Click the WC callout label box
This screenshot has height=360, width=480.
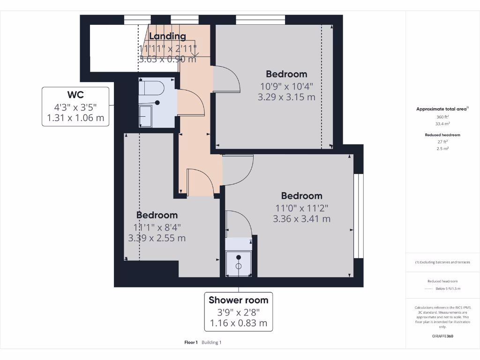(x=75, y=106)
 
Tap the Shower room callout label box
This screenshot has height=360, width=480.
(x=238, y=312)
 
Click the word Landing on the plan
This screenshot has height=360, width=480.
(x=167, y=37)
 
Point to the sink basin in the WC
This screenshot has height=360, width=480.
(x=145, y=115)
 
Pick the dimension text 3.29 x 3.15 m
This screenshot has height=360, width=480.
(x=286, y=97)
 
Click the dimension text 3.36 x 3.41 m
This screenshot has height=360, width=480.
(x=301, y=218)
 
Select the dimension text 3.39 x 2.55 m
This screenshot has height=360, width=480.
(x=157, y=238)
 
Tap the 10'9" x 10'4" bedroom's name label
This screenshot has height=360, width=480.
(x=286, y=74)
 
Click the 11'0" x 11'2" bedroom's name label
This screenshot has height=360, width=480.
(x=301, y=196)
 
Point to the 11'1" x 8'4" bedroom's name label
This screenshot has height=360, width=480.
(x=157, y=215)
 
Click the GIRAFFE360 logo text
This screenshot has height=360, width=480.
(x=442, y=336)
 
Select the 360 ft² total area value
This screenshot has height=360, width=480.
(x=442, y=117)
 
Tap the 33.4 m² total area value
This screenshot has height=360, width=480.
(x=442, y=124)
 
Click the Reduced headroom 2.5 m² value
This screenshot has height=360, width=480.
(x=442, y=148)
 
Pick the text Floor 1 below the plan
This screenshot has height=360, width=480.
(x=191, y=343)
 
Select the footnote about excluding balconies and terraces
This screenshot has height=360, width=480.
(x=442, y=262)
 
